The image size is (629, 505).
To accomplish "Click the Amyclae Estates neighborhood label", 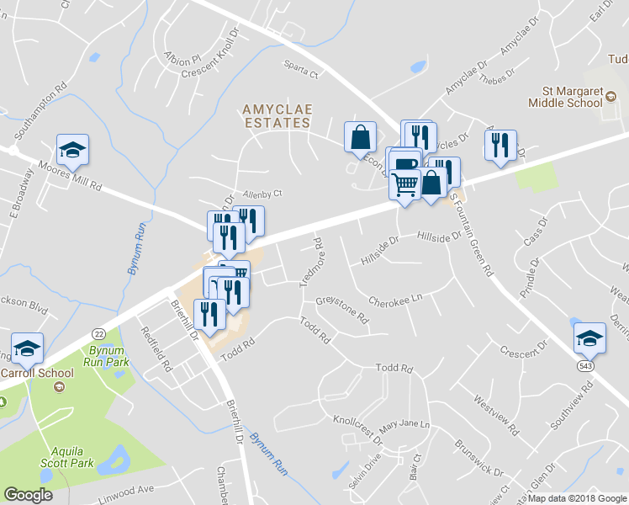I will [x=276, y=115].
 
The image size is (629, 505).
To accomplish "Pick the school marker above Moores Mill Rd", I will [x=73, y=149].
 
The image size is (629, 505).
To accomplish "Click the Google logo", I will [x=28, y=495].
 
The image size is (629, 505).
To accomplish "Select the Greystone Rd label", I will [x=342, y=310].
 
